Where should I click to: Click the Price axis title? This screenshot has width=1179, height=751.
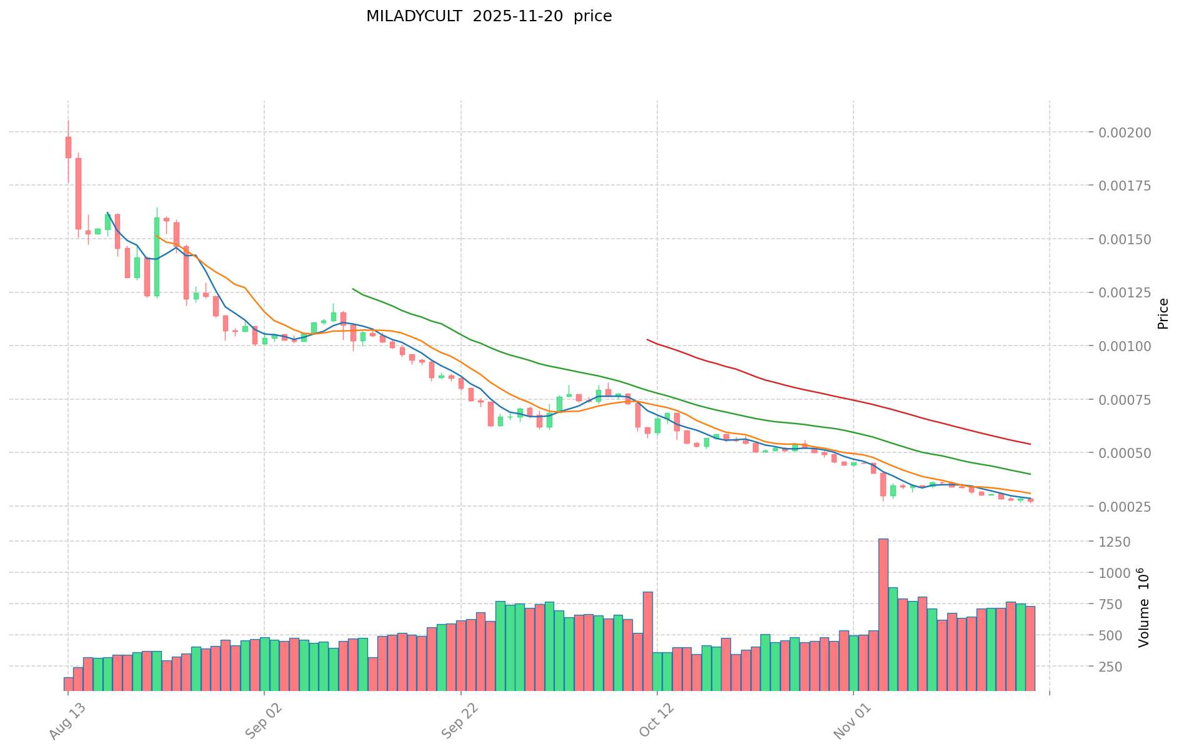point(1162,314)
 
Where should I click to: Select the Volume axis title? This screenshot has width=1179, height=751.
point(1143,607)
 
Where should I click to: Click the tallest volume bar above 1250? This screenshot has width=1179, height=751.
point(883,615)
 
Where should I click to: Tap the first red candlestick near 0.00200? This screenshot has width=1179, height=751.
point(68,147)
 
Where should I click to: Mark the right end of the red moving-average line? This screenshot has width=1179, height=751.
point(1030,444)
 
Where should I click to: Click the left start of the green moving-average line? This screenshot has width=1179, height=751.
point(353,289)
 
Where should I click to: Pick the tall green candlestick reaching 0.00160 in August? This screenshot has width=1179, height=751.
point(157,256)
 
